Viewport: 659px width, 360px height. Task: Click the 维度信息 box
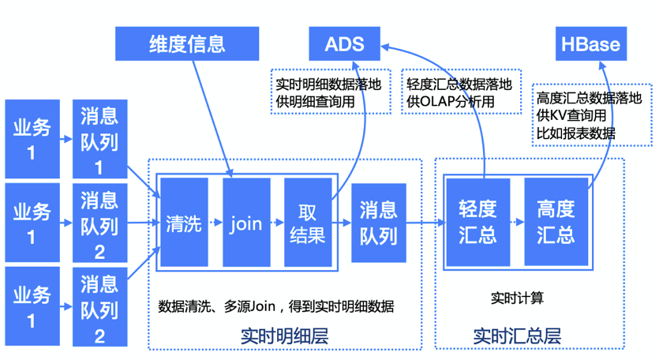pos(186,43)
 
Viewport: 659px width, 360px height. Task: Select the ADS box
pos(344,43)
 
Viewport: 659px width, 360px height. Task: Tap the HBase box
pos(591,43)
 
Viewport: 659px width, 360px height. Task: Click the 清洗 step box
pos(184,223)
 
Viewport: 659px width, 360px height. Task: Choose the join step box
pos(245,223)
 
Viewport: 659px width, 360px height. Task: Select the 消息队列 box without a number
pos(379,223)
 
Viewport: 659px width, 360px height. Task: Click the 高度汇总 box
pos(556,223)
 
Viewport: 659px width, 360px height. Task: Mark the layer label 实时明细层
pos(283,336)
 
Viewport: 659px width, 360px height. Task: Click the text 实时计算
pos(517,298)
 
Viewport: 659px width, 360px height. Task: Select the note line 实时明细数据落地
pos(328,84)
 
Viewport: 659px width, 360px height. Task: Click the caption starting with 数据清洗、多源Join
pos(276,306)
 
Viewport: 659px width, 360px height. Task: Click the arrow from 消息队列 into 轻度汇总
pos(425,223)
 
